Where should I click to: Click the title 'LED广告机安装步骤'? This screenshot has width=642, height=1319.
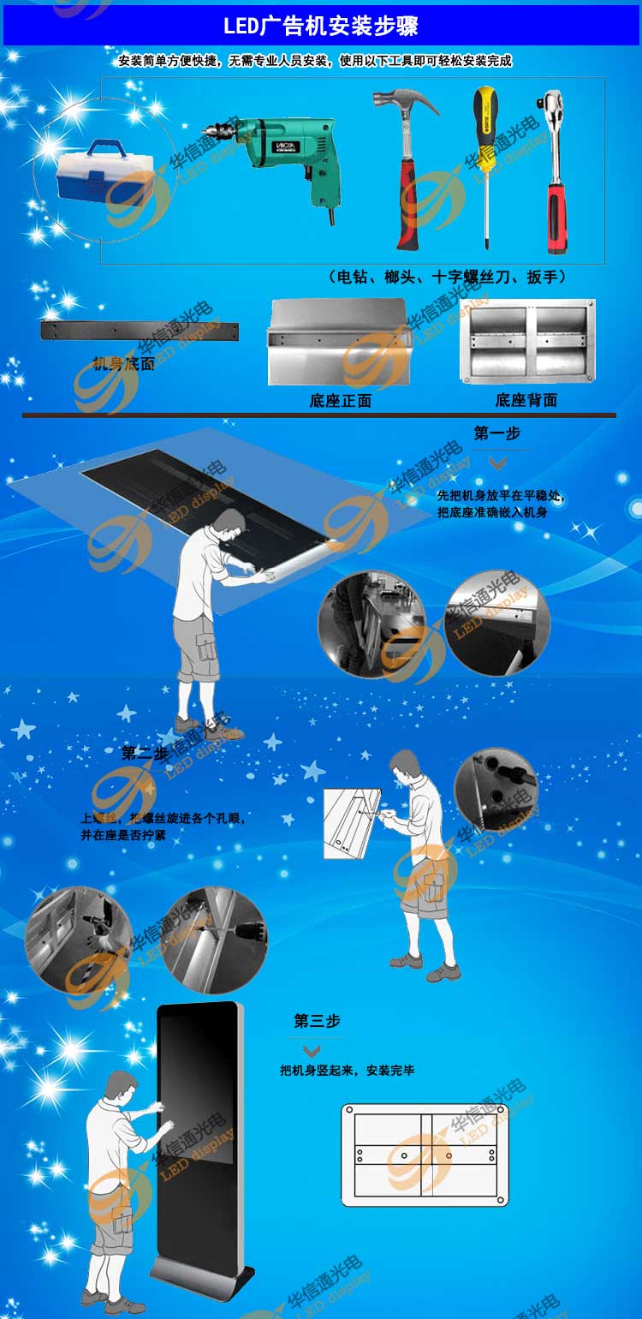click(320, 27)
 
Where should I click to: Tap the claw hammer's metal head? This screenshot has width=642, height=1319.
click(402, 104)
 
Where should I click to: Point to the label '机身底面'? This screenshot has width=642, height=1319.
click(123, 364)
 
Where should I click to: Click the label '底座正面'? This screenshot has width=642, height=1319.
click(340, 400)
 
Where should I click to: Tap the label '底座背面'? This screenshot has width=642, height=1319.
click(526, 400)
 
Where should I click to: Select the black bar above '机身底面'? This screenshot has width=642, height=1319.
click(140, 331)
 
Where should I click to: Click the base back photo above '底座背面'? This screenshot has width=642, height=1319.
click(527, 342)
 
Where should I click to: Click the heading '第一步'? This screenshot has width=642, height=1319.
click(496, 433)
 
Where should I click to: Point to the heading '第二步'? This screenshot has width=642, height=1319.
click(145, 753)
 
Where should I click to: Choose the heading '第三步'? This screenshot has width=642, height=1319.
click(317, 1021)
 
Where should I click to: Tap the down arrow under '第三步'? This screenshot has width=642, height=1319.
click(312, 1050)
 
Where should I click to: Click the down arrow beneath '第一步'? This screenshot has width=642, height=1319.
click(497, 463)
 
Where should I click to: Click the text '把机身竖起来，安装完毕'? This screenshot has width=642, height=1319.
click(347, 1071)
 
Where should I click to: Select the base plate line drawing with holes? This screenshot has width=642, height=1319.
click(425, 1155)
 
